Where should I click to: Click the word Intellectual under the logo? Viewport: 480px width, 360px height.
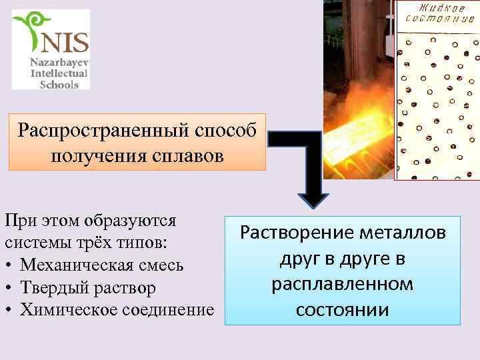pos(55,72)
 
